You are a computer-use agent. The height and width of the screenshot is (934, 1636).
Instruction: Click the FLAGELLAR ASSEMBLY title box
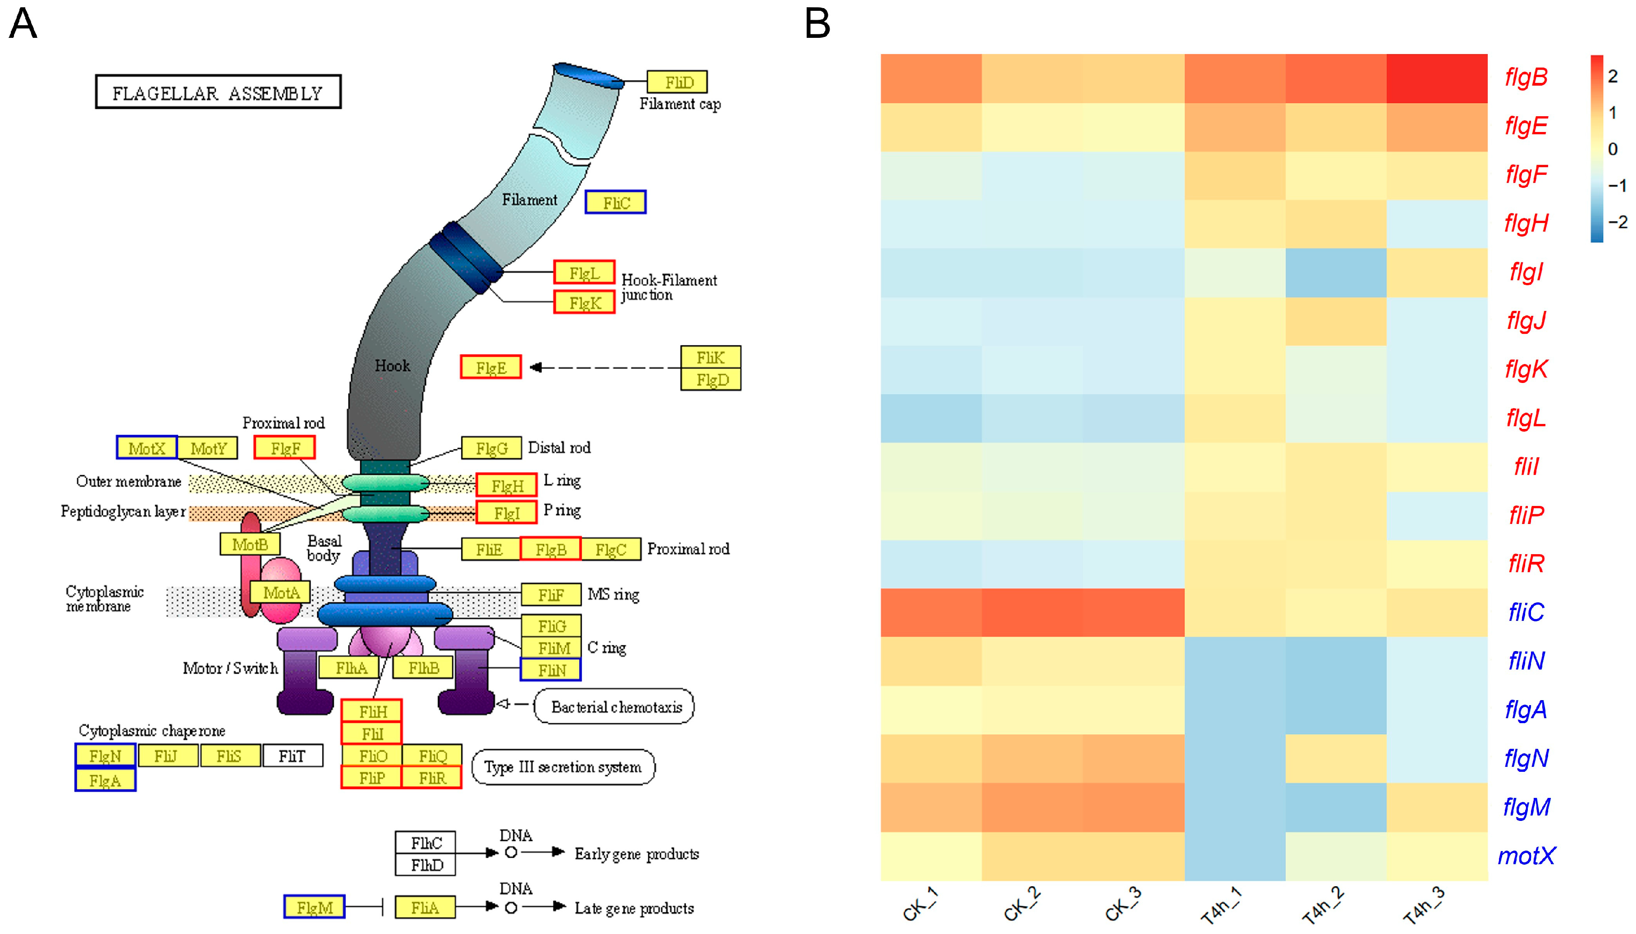pyautogui.click(x=218, y=92)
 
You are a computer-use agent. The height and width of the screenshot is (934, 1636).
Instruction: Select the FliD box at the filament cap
pyautogui.click(x=677, y=82)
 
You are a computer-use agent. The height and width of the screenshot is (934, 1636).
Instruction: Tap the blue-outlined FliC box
pyautogui.click(x=615, y=203)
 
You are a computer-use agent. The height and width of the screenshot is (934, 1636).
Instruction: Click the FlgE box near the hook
pyautogui.click(x=491, y=368)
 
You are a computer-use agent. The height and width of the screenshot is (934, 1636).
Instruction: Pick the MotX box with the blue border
pyautogui.click(x=146, y=448)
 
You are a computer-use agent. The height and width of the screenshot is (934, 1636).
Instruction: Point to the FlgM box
pyautogui.click(x=315, y=907)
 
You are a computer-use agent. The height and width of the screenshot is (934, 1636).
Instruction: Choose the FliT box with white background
pyautogui.click(x=292, y=756)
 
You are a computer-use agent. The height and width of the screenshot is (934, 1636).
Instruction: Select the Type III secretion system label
pyautogui.click(x=562, y=766)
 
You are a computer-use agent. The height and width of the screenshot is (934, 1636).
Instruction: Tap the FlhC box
pyautogui.click(x=425, y=842)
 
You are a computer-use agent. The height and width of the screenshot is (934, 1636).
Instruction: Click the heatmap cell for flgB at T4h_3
pyautogui.click(x=1436, y=78)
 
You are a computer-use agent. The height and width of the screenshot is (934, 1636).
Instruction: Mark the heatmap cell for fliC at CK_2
pyautogui.click(x=1032, y=613)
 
